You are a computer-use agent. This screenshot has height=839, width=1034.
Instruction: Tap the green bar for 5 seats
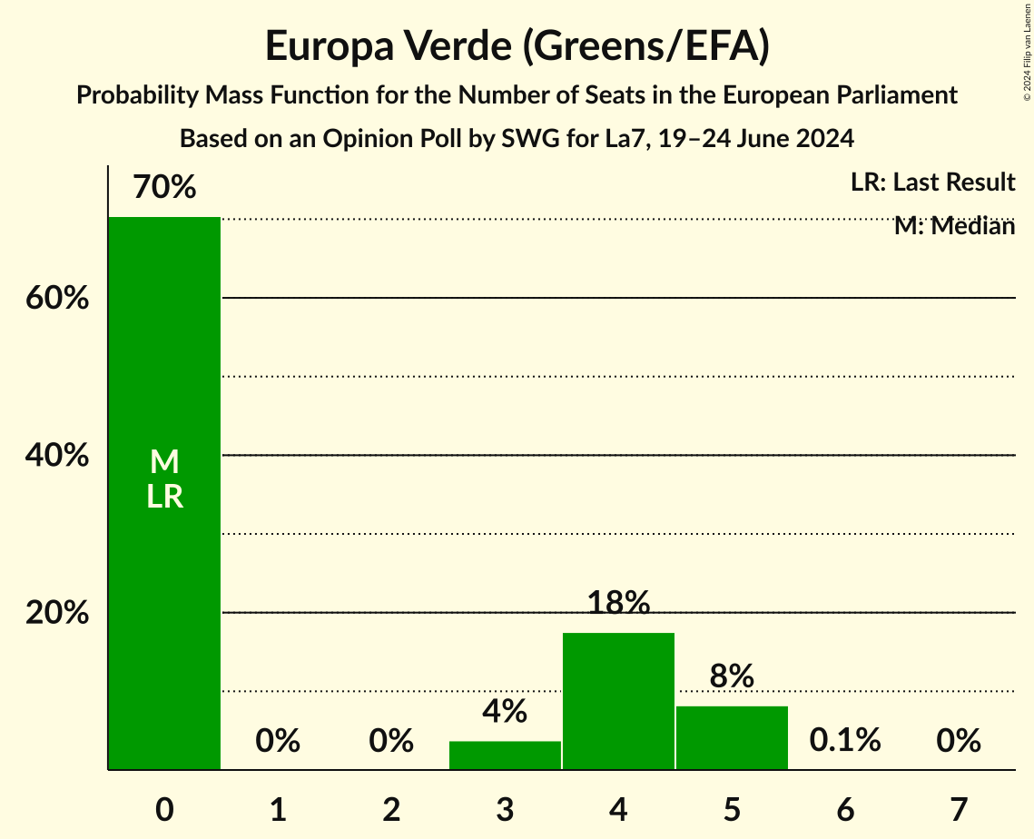click(732, 737)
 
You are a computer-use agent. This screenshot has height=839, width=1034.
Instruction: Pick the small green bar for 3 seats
click(505, 755)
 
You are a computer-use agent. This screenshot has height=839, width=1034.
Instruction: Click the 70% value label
click(164, 188)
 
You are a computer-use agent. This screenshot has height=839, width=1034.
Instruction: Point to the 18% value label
click(618, 603)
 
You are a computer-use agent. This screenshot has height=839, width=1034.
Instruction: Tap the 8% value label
click(732, 676)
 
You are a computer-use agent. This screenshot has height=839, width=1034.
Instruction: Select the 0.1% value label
click(845, 741)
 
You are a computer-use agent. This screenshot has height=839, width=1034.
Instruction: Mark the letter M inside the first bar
click(164, 462)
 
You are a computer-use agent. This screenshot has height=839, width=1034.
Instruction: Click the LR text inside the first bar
click(164, 497)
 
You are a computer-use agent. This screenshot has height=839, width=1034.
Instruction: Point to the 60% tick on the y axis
click(57, 298)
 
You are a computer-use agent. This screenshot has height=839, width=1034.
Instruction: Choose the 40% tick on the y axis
click(57, 456)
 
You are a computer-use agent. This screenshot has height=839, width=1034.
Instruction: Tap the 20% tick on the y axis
click(57, 613)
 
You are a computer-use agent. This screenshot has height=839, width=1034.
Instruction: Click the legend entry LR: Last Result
click(932, 183)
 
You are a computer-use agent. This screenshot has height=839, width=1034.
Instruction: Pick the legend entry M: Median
click(954, 226)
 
